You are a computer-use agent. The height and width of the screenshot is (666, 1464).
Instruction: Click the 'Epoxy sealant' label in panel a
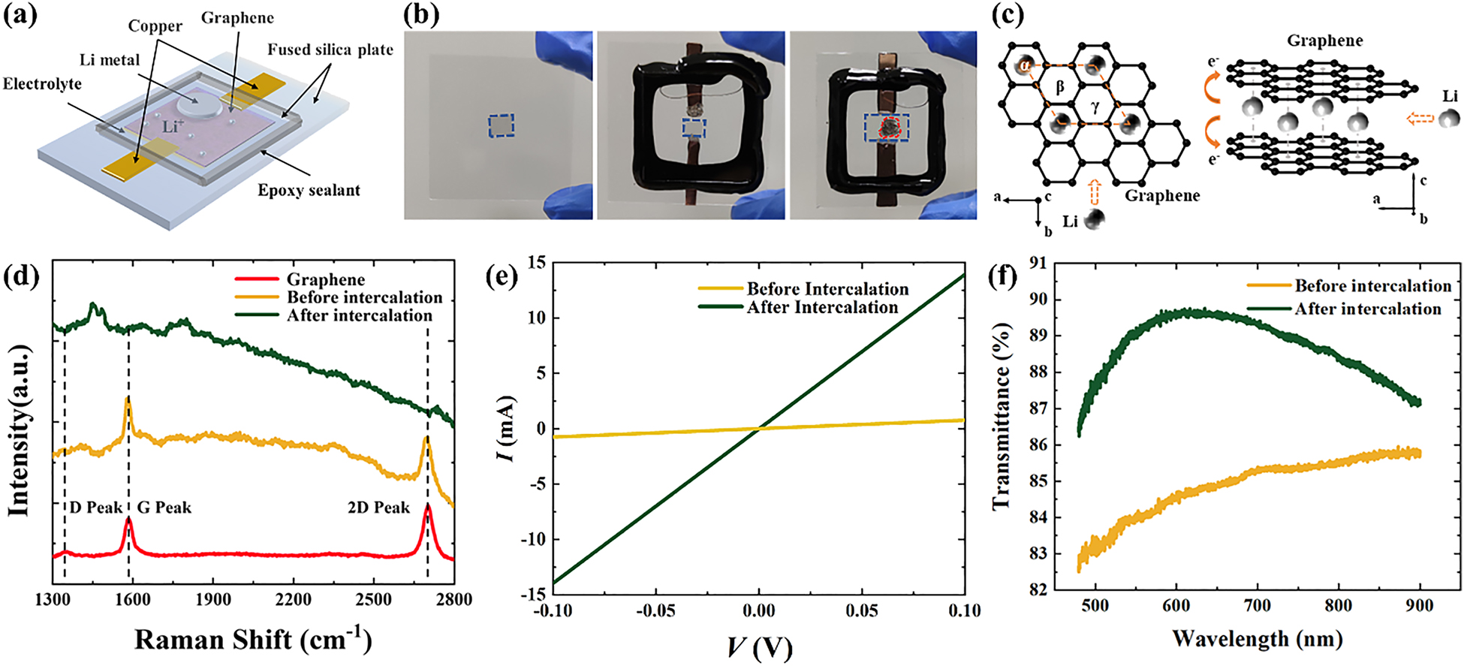309,191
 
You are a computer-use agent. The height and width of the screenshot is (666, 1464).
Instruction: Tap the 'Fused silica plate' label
330,50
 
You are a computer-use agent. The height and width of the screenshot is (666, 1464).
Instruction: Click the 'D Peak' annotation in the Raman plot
96,508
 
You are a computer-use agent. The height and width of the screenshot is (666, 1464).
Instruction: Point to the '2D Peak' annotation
378,508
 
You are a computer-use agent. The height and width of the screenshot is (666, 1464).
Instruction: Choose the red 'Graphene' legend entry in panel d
325,279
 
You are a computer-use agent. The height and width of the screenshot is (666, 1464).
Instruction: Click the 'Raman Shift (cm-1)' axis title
253,640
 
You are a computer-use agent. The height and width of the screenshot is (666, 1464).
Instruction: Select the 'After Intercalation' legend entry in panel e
821,307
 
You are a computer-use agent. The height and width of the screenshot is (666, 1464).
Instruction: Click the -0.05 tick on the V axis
655,610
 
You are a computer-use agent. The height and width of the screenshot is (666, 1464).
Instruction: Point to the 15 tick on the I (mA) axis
536,263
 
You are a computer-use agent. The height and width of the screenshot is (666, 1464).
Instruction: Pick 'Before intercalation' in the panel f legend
1372,285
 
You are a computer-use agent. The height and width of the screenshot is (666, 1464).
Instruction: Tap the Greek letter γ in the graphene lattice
1095,107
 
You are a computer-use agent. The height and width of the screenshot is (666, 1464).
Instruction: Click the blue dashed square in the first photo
501,125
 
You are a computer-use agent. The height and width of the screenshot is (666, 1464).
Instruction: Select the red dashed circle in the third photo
890,128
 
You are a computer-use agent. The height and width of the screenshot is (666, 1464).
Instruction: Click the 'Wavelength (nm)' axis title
1257,640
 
